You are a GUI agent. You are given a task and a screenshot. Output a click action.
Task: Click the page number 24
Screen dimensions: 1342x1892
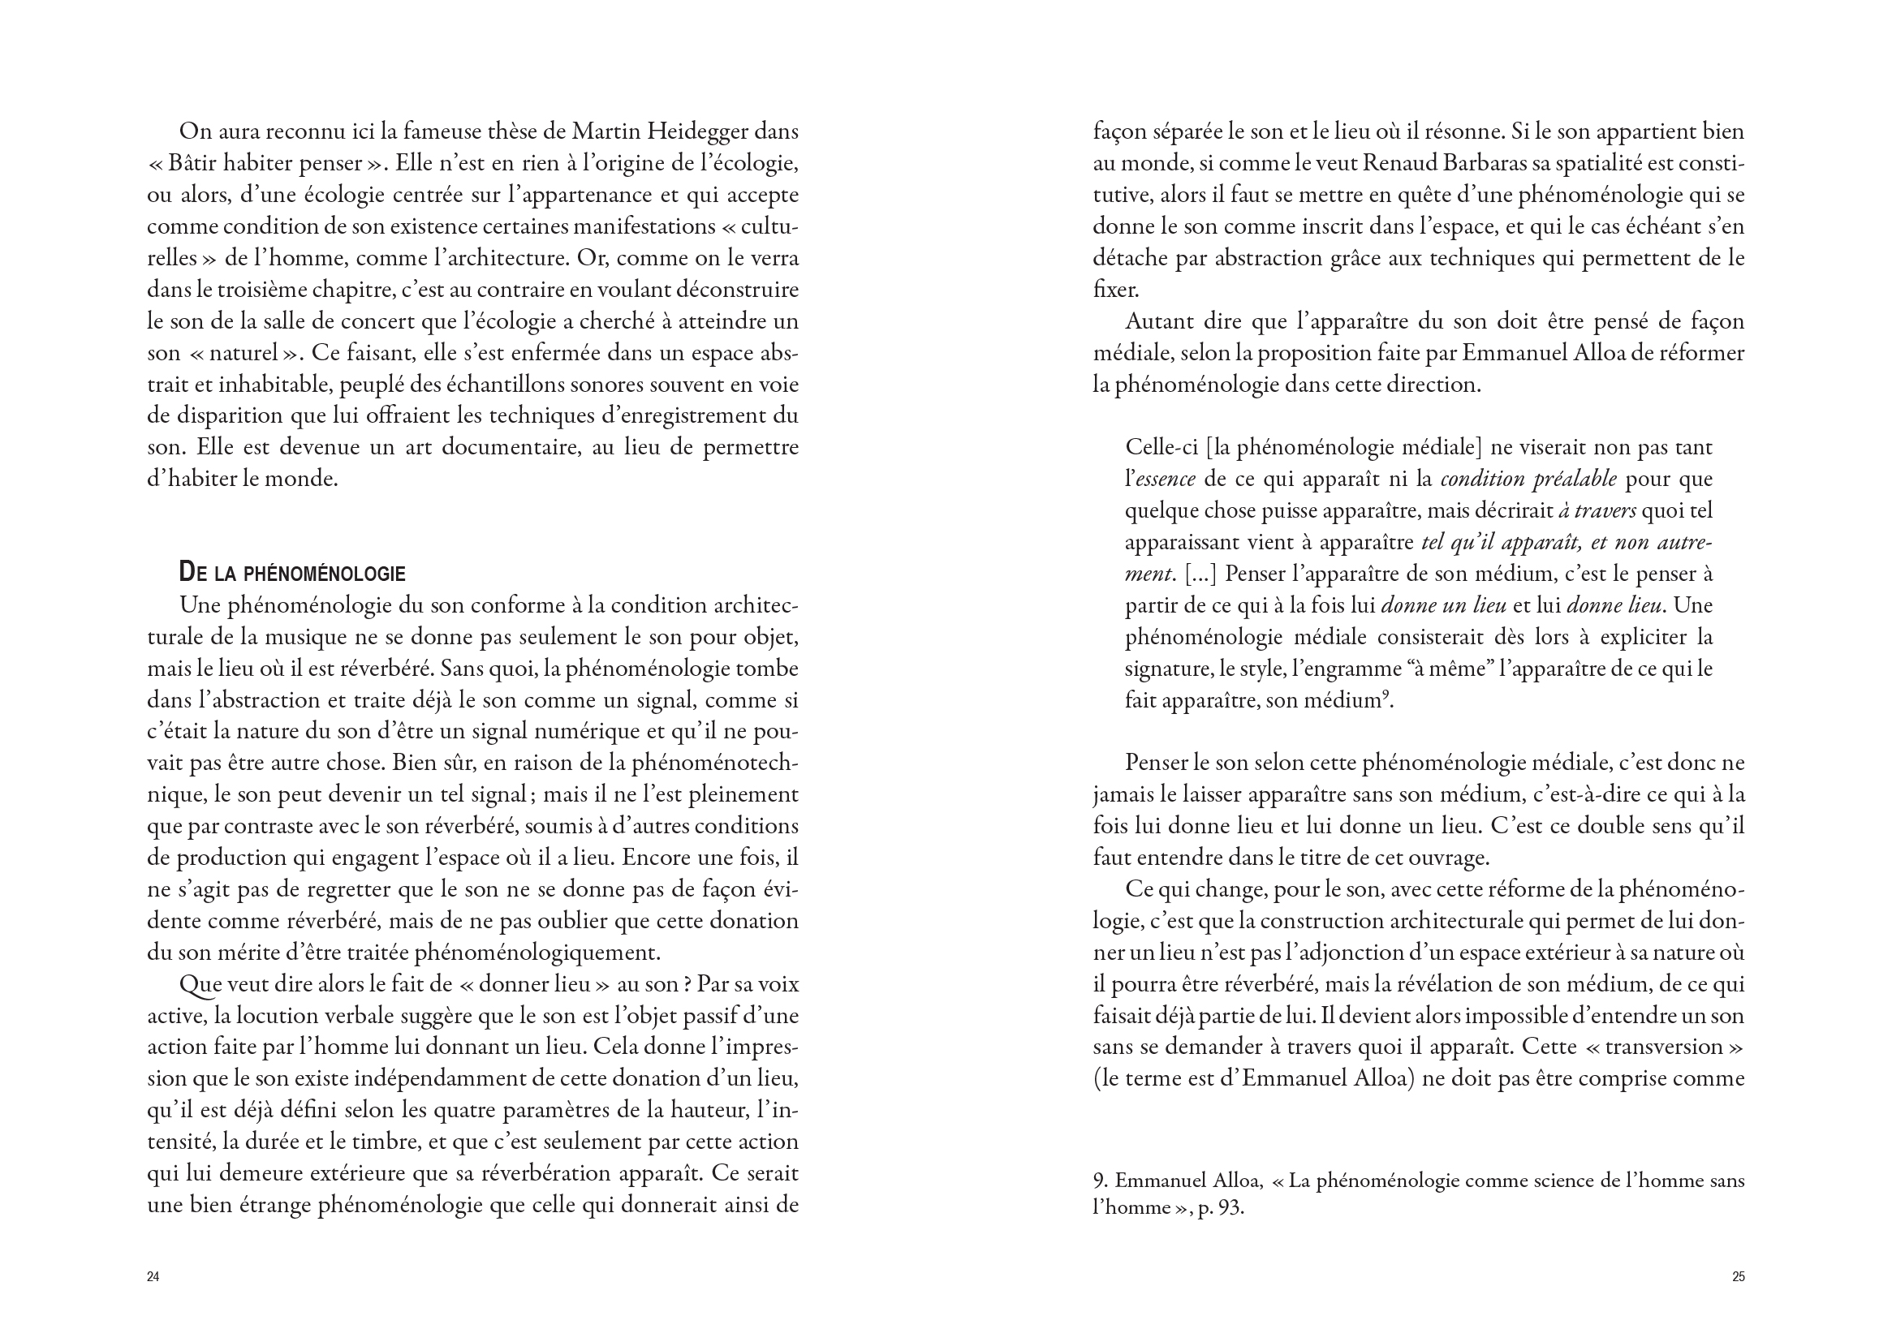[153, 1277]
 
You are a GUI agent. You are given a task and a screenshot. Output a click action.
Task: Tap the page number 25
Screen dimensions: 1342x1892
[1739, 1277]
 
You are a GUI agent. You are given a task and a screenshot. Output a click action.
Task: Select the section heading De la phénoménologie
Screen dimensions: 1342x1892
[291, 574]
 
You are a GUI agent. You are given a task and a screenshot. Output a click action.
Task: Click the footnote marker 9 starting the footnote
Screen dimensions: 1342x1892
[1097, 1181]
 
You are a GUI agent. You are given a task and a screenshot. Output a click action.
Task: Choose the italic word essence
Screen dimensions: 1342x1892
[1166, 480]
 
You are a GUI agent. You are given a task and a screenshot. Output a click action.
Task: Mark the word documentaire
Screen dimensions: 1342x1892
[509, 448]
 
